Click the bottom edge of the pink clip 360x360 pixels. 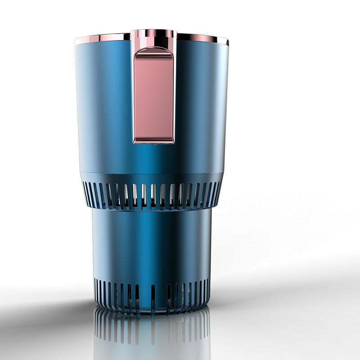pos(153,141)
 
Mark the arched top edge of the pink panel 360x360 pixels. pos(153,49)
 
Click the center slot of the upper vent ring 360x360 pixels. pos(153,194)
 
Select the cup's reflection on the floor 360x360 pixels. pos(152,333)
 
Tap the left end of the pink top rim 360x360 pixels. pos(77,40)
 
